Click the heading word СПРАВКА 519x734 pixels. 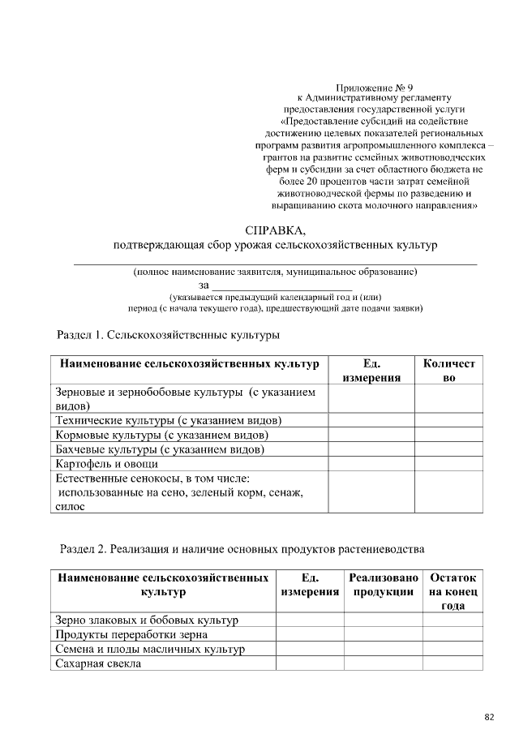(275, 229)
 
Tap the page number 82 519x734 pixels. (489, 717)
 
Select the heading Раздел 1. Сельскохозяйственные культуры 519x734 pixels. (167, 334)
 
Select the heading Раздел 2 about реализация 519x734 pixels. (242, 549)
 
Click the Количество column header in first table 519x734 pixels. (448, 371)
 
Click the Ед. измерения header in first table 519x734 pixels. (371, 371)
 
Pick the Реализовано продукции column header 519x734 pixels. (383, 585)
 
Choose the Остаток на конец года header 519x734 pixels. (453, 591)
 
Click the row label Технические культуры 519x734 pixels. (168, 420)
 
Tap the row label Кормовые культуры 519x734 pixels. (161, 435)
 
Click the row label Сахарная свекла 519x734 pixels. (98, 663)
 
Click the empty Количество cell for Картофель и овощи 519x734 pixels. (448, 464)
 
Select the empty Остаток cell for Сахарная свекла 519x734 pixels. (453, 663)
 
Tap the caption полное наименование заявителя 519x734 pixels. (275, 272)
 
